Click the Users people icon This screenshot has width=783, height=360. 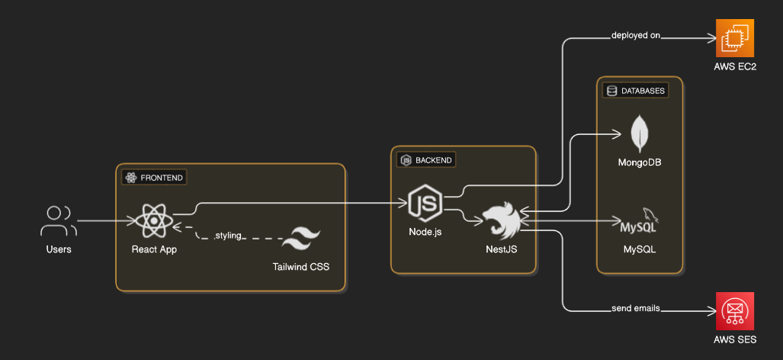pyautogui.click(x=58, y=221)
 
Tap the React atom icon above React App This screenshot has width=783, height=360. pyautogui.click(x=154, y=221)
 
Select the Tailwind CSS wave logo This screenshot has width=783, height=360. pyautogui.click(x=301, y=239)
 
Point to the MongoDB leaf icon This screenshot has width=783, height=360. pyautogui.click(x=640, y=133)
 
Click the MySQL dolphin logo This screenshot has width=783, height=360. pyautogui.click(x=639, y=221)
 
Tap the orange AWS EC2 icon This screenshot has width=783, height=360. pyautogui.click(x=734, y=38)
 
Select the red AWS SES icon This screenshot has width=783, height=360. pyautogui.click(x=734, y=310)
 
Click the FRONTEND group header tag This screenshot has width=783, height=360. pyautogui.click(x=155, y=177)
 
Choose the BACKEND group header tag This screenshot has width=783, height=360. pyautogui.click(x=427, y=160)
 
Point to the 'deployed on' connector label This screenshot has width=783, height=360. pyautogui.click(x=635, y=35)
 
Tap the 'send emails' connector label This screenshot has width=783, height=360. pyautogui.click(x=635, y=309)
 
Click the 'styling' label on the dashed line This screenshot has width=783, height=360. pyautogui.click(x=228, y=236)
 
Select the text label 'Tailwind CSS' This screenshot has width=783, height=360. pyautogui.click(x=301, y=267)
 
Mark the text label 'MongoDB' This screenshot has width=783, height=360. pyautogui.click(x=640, y=162)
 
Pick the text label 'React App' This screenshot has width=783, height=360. pyautogui.click(x=154, y=249)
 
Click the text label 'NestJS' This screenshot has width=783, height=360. pyautogui.click(x=501, y=249)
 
